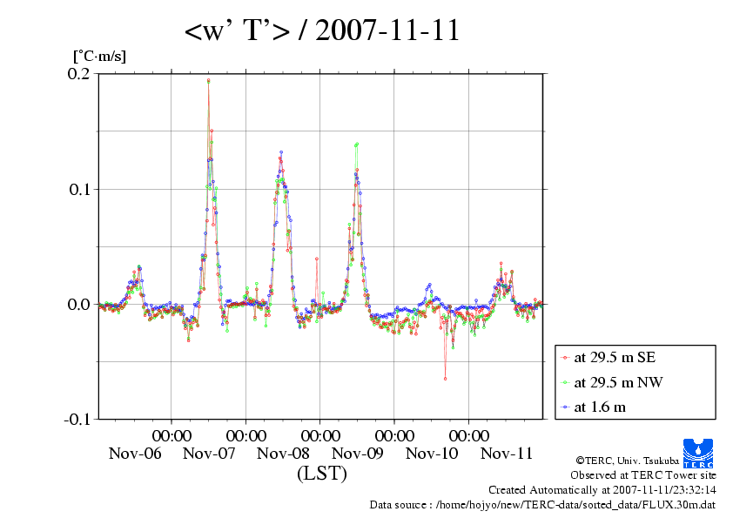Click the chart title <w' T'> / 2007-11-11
(x=322, y=32)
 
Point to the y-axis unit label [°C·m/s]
(x=100, y=56)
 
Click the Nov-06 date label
(x=135, y=454)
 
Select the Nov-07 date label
(x=210, y=454)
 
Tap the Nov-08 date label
(x=284, y=454)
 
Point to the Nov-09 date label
(x=358, y=454)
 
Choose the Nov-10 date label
(x=433, y=454)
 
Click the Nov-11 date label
(x=507, y=454)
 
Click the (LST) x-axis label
(x=321, y=474)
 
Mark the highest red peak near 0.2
(x=208, y=80)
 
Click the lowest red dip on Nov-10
(x=445, y=379)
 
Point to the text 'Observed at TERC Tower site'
(x=642, y=475)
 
